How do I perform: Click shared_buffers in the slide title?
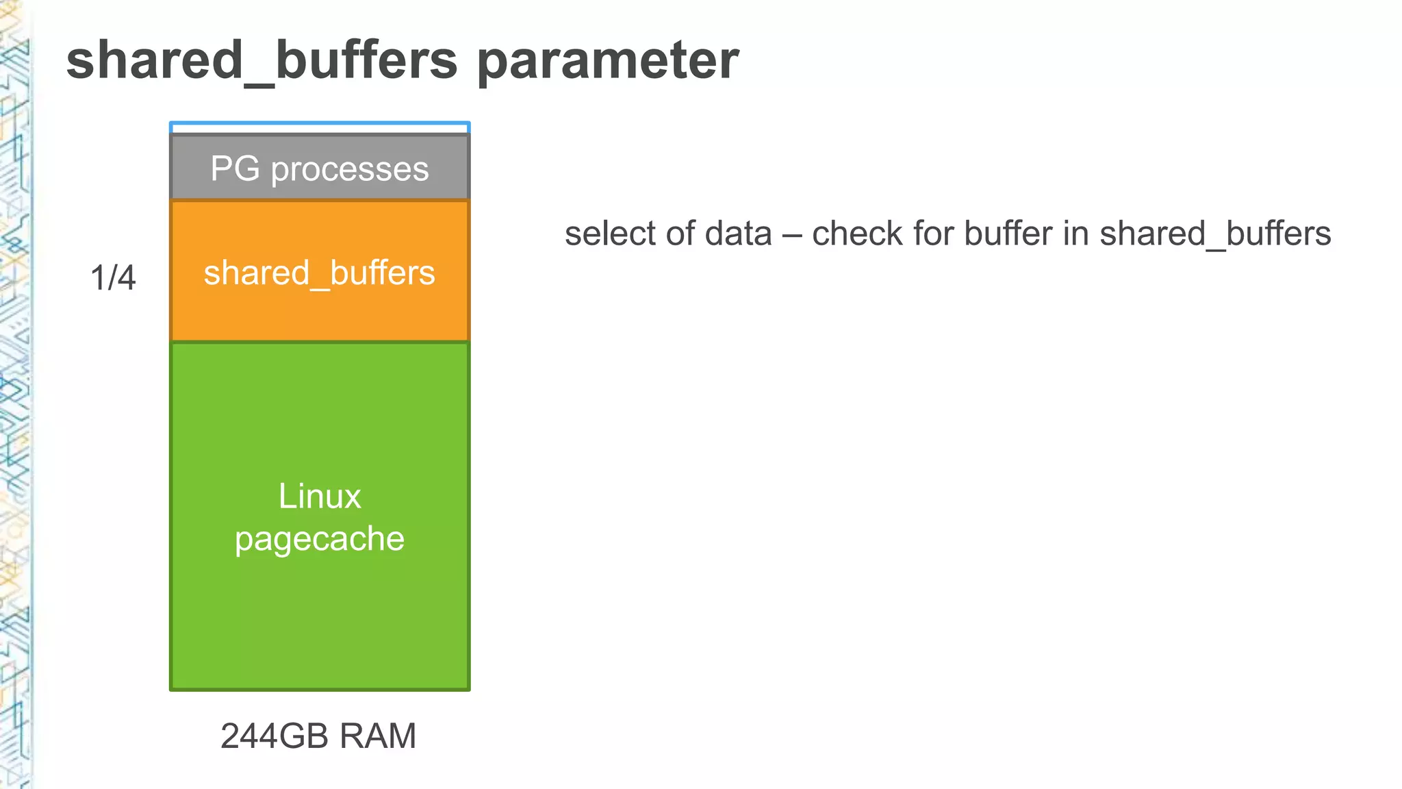pos(262,60)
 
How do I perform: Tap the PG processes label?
pos(319,168)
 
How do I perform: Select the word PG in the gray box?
pos(235,168)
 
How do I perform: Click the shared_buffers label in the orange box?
pos(319,273)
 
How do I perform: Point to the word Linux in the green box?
pos(319,496)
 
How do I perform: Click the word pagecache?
pos(319,539)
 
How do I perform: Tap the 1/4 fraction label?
pos(113,278)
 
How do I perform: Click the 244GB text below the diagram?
pos(276,736)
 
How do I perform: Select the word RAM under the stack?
pos(377,736)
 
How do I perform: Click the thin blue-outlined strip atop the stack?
pos(319,128)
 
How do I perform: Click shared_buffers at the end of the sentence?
pos(1215,234)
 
